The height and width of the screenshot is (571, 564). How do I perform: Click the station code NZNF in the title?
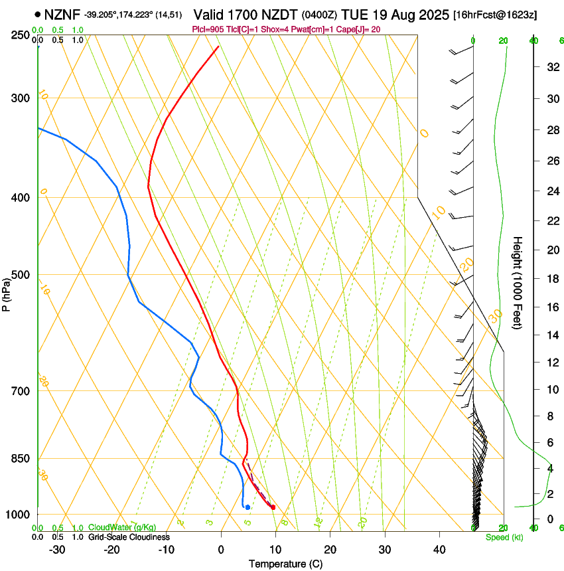pos(62,13)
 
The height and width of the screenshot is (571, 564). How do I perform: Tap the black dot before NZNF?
pos(37,13)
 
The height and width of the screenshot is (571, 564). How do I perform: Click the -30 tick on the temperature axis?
pos(57,550)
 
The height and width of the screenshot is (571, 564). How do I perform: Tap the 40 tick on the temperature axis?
pos(439,550)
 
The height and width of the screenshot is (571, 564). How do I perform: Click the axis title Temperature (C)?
pos(285,564)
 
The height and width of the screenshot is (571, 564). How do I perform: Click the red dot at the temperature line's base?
pos(273,507)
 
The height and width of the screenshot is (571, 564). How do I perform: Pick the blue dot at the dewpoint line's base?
pos(247,507)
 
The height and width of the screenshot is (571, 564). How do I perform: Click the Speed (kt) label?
pos(504,536)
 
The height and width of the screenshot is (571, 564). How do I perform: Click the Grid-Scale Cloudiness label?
pos(128,536)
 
